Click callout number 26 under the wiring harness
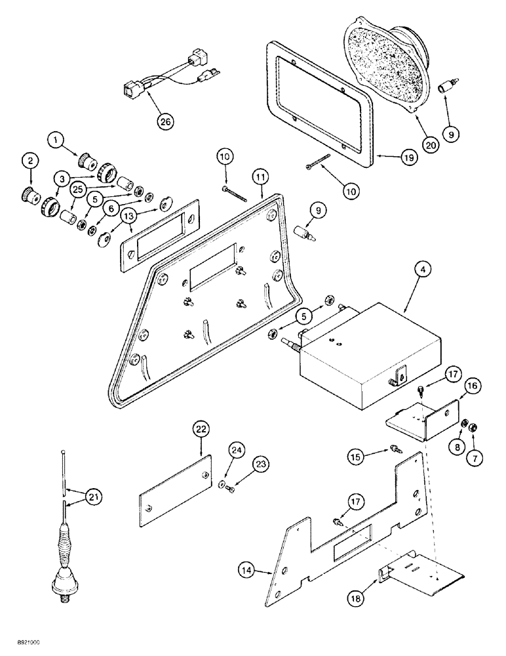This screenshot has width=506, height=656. [166, 121]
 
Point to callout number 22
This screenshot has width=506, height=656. [201, 430]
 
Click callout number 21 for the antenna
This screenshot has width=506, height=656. [95, 498]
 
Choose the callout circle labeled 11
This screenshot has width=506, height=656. [261, 177]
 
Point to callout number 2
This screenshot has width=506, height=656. [29, 159]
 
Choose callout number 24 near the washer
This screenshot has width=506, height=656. [237, 451]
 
